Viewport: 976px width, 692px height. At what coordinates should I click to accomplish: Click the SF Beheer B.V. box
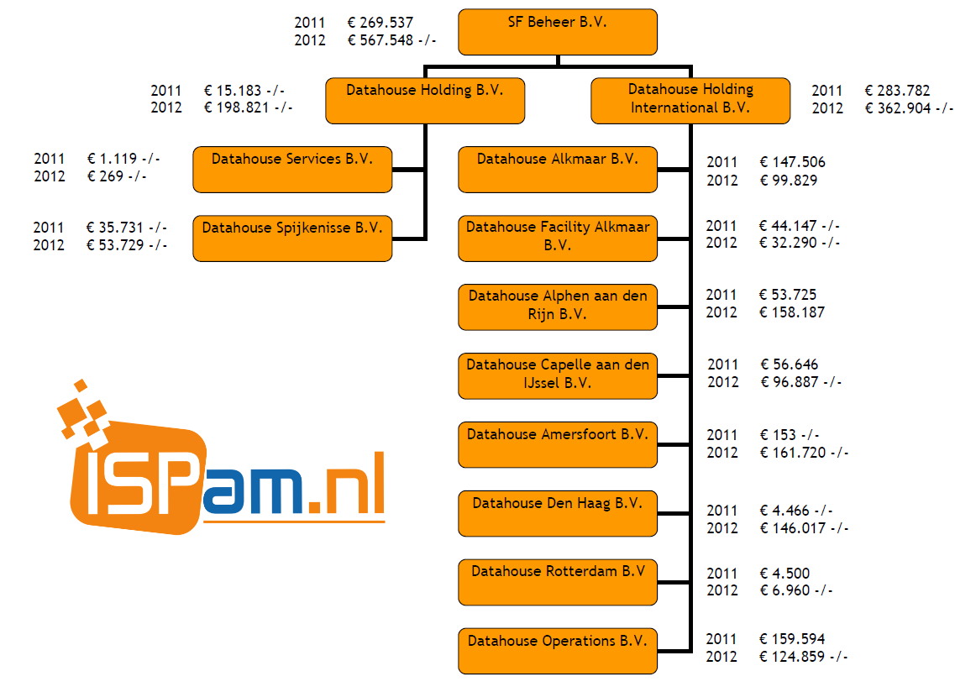point(557,31)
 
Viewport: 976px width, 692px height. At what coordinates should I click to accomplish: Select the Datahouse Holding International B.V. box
point(690,100)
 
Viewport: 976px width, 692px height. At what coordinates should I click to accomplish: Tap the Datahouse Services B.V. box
point(292,169)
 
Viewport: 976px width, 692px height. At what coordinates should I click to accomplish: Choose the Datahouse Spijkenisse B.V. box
point(292,238)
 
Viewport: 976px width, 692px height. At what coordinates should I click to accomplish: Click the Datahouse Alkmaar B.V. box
point(558,169)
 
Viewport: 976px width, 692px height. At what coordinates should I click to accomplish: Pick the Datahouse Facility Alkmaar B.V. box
point(558,238)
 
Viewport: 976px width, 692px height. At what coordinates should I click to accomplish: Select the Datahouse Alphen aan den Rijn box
point(558,307)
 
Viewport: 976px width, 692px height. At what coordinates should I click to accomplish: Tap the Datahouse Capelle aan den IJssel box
point(558,375)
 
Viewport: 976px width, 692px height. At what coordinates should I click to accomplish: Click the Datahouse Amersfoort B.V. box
point(558,444)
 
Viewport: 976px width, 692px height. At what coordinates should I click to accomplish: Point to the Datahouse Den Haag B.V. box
point(558,513)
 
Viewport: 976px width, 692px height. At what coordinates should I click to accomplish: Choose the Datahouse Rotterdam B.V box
point(558,582)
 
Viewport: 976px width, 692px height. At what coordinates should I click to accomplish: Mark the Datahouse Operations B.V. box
point(558,651)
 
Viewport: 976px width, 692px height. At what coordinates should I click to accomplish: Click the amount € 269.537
point(380,23)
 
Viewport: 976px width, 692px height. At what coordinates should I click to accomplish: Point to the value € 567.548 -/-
point(391,40)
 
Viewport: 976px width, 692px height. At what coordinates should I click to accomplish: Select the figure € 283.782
point(897,91)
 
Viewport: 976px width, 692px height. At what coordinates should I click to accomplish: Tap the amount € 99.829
point(788,181)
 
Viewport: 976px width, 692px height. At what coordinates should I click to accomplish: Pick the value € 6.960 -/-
point(795,590)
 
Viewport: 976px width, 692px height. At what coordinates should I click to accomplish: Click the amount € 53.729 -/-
point(126,244)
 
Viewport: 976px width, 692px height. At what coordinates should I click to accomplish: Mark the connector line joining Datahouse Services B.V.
point(409,169)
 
